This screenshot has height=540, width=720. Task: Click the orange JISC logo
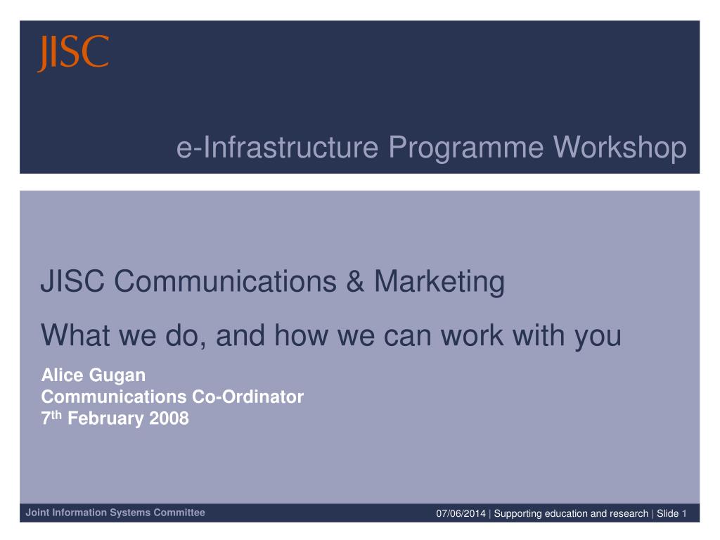(73, 53)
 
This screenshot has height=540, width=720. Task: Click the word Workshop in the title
(619, 148)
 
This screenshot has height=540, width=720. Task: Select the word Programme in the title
(465, 148)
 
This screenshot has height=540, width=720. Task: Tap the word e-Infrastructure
(277, 147)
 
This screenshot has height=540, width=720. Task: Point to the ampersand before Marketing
(355, 281)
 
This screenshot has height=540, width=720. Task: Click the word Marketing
(439, 282)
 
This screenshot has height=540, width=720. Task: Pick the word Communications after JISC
(225, 281)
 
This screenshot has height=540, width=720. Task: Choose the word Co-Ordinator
(247, 397)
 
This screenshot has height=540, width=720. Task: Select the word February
(105, 419)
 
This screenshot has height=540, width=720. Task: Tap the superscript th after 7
(56, 415)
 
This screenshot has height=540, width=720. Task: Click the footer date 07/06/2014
(461, 513)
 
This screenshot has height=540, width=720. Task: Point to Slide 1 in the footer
(671, 513)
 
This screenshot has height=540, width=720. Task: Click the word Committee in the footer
(179, 513)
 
